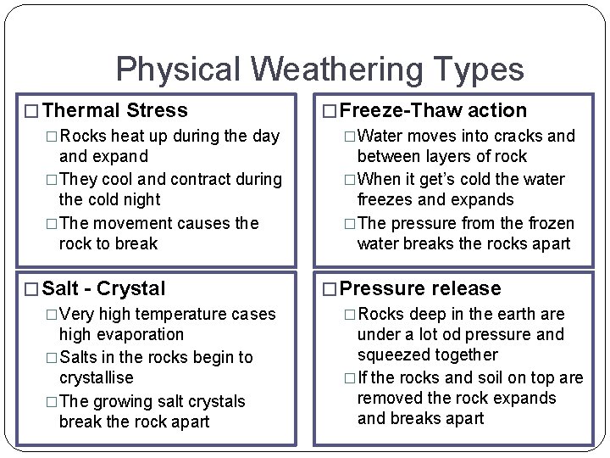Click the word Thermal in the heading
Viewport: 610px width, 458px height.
coord(80,110)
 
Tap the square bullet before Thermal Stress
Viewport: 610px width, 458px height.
coord(32,111)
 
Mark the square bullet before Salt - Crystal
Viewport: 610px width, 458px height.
coord(32,289)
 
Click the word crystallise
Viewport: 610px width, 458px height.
coord(97,378)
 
